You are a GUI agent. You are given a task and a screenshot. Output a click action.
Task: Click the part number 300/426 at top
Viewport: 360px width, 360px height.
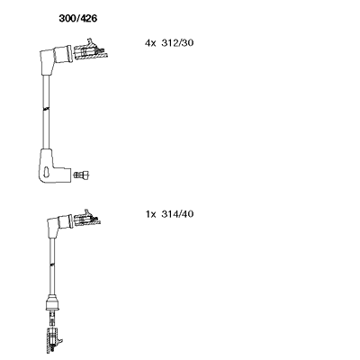tap(78, 19)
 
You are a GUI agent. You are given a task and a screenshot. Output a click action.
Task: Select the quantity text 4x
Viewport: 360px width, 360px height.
tap(150, 43)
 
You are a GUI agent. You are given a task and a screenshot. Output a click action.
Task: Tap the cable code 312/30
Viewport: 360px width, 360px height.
tap(177, 43)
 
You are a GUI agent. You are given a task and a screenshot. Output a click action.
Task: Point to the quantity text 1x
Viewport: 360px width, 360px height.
tap(151, 214)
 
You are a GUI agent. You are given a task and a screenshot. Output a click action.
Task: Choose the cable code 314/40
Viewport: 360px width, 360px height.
tap(177, 214)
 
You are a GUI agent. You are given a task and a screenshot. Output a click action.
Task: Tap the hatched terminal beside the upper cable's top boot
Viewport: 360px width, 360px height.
tap(90, 50)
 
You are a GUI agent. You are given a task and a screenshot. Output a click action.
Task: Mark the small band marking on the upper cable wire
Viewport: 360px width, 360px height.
tap(46, 109)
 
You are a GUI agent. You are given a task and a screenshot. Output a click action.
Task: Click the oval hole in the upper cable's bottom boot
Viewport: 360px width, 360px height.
tap(47, 171)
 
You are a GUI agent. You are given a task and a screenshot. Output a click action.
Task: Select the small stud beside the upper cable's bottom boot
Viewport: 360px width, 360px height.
tap(82, 174)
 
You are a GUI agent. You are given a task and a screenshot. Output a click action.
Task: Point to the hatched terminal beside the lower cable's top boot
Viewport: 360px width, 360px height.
tap(87, 220)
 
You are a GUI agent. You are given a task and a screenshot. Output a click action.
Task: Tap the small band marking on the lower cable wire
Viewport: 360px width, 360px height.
tap(52, 265)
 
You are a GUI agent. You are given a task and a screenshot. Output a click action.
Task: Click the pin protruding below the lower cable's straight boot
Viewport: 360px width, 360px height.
tap(52, 319)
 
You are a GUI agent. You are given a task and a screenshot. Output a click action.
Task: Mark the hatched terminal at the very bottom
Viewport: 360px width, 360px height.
tap(53, 341)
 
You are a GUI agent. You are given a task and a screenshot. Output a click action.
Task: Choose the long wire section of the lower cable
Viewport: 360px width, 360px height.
tap(52, 265)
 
